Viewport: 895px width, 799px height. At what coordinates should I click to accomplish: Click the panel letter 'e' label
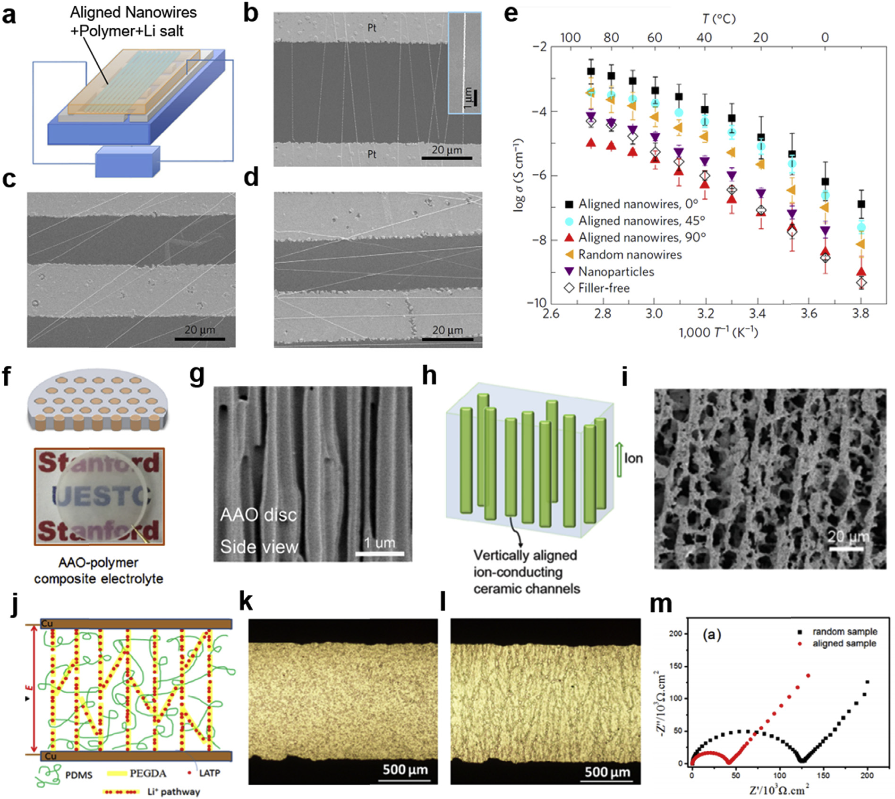(511, 14)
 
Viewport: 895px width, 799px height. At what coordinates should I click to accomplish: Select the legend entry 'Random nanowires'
(630, 255)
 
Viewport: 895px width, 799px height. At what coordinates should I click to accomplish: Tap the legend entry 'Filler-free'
(604, 288)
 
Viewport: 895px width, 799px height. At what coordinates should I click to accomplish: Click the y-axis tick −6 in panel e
(539, 175)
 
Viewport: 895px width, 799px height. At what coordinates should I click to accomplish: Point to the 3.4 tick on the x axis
(757, 313)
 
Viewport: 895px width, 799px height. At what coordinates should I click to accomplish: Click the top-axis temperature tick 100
(570, 37)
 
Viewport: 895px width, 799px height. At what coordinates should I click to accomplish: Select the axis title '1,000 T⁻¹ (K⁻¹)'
(718, 333)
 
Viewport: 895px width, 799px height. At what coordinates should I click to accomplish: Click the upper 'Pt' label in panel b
(372, 28)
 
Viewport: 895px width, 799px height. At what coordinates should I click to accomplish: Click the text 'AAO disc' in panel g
(258, 515)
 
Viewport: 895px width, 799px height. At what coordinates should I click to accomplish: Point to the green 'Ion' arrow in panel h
(619, 458)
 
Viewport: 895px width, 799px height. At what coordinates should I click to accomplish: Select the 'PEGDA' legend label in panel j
(148, 773)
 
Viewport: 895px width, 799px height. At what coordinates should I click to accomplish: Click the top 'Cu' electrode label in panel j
(47, 624)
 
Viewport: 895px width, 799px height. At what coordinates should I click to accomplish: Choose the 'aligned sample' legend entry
(844, 644)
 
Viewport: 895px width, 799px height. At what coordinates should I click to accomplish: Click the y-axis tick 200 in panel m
(676, 634)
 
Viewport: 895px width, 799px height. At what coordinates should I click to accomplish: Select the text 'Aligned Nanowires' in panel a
(133, 13)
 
